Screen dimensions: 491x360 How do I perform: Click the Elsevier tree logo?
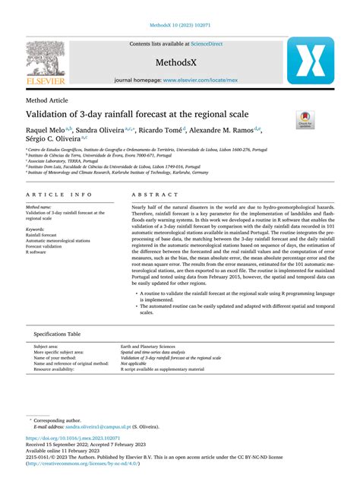[x=49, y=60]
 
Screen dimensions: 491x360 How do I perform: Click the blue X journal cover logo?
[x=309, y=61]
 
